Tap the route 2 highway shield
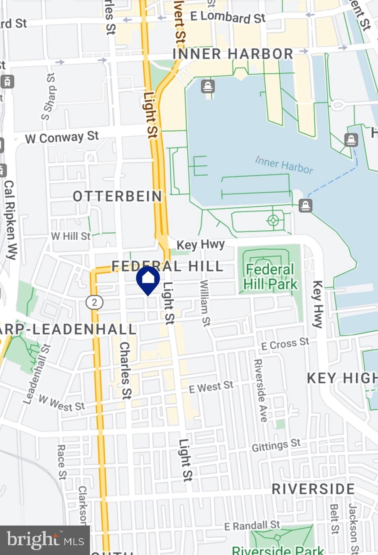click(x=94, y=302)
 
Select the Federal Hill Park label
click(x=270, y=277)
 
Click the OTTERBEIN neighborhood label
click(x=118, y=196)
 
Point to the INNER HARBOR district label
click(x=233, y=54)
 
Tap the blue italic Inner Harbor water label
click(x=284, y=165)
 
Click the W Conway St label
click(x=62, y=137)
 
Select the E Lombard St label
click(x=228, y=17)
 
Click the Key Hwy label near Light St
click(x=200, y=245)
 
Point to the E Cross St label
click(x=285, y=344)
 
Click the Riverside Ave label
click(x=260, y=390)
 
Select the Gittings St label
click(x=276, y=445)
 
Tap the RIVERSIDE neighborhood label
click(x=313, y=489)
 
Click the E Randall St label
click(x=252, y=526)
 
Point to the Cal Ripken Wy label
click(x=10, y=220)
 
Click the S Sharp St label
click(x=49, y=97)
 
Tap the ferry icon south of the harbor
click(x=305, y=206)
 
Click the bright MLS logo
click(x=45, y=540)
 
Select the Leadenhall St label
click(x=37, y=374)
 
